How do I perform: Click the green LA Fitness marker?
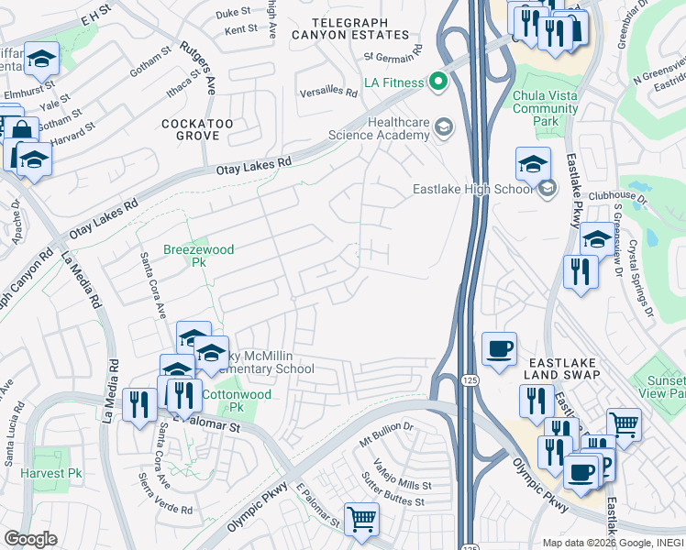tap(438, 83)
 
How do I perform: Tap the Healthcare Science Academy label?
tap(398, 128)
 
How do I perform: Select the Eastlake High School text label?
tap(471, 189)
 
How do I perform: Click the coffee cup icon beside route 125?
tap(499, 349)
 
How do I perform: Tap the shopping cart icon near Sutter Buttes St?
tap(361, 519)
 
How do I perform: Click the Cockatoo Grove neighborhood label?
tap(191, 129)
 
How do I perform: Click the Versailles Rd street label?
tap(328, 93)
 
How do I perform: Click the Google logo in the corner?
tap(30, 539)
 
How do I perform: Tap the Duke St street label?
tap(233, 13)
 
